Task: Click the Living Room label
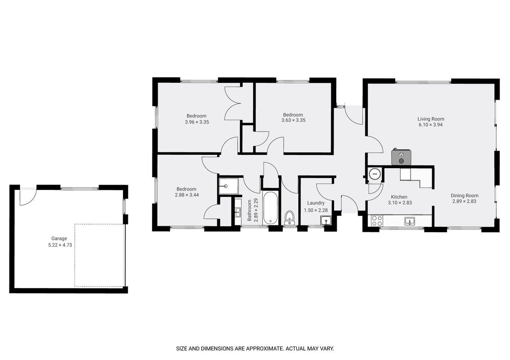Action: (431, 119)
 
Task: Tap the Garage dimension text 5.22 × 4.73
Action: (60, 245)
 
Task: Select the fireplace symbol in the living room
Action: (402, 157)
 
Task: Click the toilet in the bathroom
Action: (289, 218)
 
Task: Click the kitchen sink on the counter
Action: (410, 221)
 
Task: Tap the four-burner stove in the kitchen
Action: (377, 221)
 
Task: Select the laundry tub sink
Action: (325, 221)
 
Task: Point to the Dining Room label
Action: (465, 195)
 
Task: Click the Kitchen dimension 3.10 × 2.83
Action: (400, 202)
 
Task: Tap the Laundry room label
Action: (316, 203)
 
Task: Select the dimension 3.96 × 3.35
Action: (197, 122)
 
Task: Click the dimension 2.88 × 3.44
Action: (187, 195)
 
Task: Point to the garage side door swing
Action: (27, 197)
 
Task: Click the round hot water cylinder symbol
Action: (375, 174)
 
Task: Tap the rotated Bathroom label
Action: (249, 211)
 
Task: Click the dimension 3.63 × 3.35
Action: (293, 120)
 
